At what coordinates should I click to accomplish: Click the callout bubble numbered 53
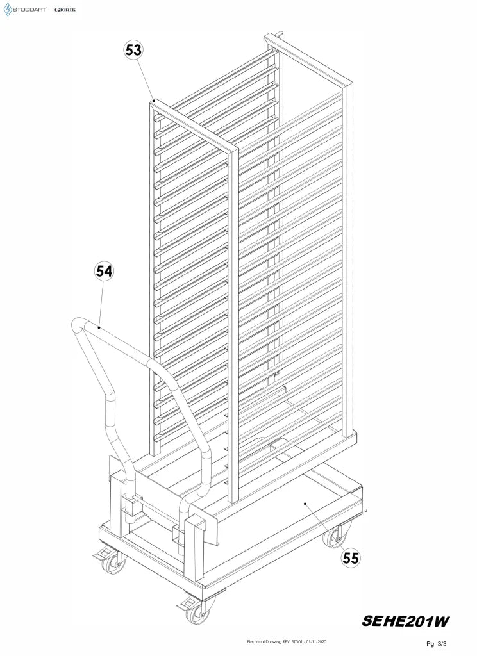(133, 50)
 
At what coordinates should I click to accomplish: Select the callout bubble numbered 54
(104, 271)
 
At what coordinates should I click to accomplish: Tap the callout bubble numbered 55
(351, 558)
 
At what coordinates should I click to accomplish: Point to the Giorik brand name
(65, 10)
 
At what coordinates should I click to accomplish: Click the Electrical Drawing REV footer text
(287, 642)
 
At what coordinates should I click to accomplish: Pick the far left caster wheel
(113, 562)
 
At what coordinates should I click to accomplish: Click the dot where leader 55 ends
(305, 504)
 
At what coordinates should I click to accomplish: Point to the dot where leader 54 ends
(99, 327)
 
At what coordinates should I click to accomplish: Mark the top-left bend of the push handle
(78, 325)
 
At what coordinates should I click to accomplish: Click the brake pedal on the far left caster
(99, 555)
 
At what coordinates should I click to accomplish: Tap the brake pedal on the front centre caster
(185, 604)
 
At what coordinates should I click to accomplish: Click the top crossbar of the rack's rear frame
(308, 61)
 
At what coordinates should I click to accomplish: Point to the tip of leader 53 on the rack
(154, 101)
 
